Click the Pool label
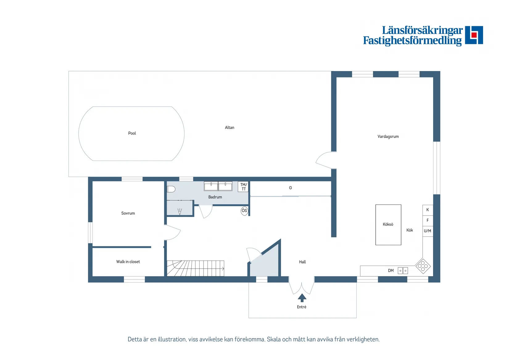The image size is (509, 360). tap(132, 133)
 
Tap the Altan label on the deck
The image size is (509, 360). tap(230, 128)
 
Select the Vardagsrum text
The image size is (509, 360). tap(388, 137)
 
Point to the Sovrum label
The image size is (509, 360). tap(128, 213)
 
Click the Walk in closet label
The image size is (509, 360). tap(128, 262)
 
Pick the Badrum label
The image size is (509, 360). tap(215, 197)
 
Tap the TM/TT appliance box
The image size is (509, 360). tap(243, 187)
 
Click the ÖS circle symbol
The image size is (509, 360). tap(244, 211)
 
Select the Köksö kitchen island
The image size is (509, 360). tap(388, 225)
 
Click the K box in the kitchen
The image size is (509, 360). tap(428, 210)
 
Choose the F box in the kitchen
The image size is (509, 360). tap(428, 220)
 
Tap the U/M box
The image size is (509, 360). tap(428, 231)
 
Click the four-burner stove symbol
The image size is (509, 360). tap(423, 266)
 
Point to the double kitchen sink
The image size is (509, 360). tap(403, 271)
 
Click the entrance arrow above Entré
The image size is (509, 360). tap(302, 298)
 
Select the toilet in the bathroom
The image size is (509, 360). tap(171, 189)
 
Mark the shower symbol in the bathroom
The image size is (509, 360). tap(180, 212)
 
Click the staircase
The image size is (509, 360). tap(195, 269)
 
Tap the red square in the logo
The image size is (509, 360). tap(474, 35)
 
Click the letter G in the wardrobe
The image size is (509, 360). tap(290, 188)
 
